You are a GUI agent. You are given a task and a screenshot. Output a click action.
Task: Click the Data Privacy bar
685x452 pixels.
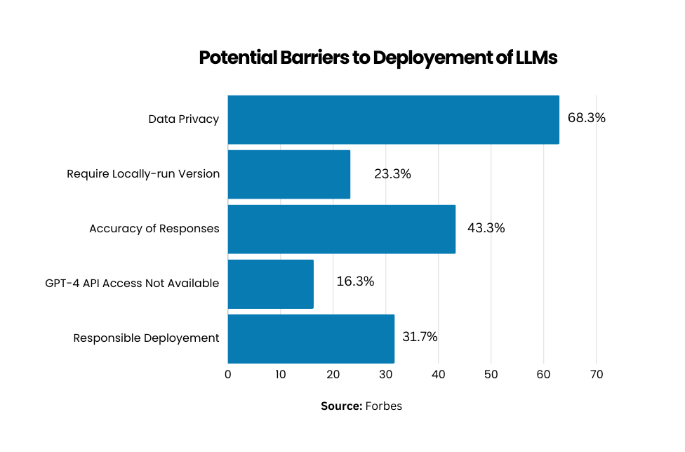(393, 119)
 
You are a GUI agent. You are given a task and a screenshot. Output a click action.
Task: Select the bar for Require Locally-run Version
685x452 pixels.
(289, 174)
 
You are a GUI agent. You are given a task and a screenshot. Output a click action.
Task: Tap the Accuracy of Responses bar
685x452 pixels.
(342, 229)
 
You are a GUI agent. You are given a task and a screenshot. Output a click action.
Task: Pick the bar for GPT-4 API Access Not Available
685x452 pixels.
(271, 284)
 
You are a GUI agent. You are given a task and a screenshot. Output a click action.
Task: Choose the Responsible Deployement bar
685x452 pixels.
(311, 338)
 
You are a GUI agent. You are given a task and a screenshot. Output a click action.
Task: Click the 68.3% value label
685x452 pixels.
(586, 118)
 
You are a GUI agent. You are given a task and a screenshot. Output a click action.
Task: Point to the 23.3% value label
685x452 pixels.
(392, 174)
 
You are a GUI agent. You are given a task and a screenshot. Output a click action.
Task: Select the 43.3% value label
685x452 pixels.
(486, 228)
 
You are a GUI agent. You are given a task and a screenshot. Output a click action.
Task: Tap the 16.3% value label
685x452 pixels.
(355, 281)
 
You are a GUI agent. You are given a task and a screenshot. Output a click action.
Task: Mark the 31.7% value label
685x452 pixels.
(420, 337)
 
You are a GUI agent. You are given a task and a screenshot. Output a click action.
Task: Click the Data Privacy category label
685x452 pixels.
(184, 119)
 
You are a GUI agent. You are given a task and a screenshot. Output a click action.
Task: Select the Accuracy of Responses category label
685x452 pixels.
(154, 229)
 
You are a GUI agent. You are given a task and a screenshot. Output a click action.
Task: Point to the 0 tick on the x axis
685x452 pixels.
(228, 375)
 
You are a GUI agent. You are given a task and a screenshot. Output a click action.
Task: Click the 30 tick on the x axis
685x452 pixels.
(386, 375)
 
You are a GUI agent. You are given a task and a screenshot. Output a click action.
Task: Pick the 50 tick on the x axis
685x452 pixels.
(491, 375)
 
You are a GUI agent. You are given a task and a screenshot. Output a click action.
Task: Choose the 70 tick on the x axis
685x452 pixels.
(597, 375)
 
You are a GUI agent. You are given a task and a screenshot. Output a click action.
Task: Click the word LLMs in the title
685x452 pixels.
(536, 58)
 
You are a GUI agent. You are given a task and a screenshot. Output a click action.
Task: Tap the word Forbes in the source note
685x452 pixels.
(384, 406)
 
